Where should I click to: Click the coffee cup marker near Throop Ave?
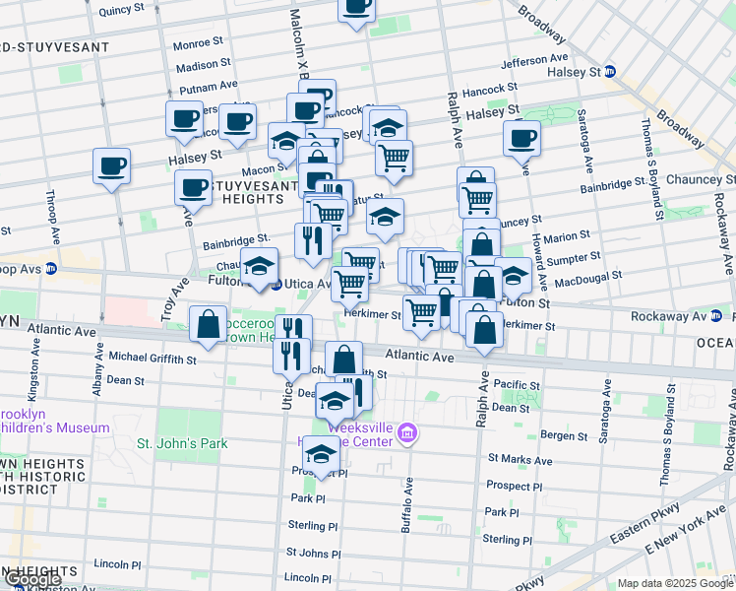point(111,164)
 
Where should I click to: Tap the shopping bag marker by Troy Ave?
point(209,325)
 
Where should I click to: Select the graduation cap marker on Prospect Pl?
point(321,454)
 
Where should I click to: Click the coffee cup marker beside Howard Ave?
point(521,138)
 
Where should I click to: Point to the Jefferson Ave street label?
point(534,61)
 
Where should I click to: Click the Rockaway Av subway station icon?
point(715,316)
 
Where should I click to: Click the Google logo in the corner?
point(32,580)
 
